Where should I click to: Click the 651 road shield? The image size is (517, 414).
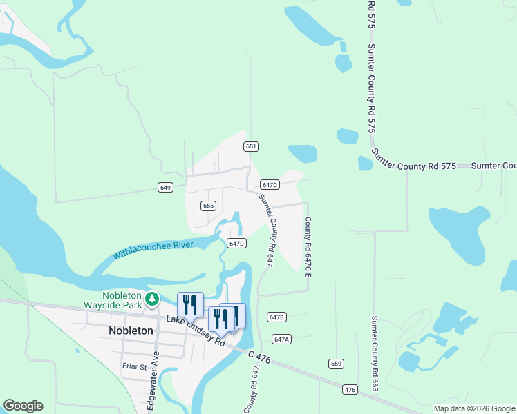[x=251, y=146]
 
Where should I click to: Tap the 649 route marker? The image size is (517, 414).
[x=165, y=187]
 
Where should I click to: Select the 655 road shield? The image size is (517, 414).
[x=209, y=206]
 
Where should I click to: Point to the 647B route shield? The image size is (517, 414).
[x=276, y=317]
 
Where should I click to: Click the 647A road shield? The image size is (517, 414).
[x=281, y=339]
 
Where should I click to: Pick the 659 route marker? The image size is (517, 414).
[x=336, y=364]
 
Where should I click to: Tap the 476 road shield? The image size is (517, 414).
[x=350, y=391]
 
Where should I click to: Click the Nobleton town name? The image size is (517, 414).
[x=131, y=331]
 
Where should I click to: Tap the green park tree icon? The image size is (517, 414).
[x=152, y=300]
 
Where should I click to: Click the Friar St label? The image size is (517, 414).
[x=134, y=367]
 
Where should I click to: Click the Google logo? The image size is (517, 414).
[x=23, y=406]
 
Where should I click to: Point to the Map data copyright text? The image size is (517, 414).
[x=474, y=408]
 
